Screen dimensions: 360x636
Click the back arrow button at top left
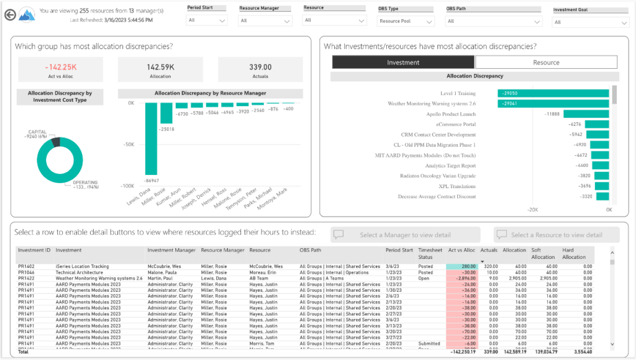click(x=9, y=15)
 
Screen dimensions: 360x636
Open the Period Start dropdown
click(x=207, y=20)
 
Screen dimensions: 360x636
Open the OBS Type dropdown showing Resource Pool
click(x=406, y=21)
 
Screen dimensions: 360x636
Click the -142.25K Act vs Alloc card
click(x=60, y=70)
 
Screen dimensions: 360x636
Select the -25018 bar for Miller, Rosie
click(x=166, y=113)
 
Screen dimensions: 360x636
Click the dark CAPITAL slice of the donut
click(x=56, y=142)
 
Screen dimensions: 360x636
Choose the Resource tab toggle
click(x=546, y=62)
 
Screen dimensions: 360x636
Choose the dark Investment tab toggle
click(x=403, y=62)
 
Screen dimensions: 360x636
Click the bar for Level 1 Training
click(x=552, y=92)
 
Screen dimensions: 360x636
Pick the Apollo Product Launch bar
click(x=585, y=114)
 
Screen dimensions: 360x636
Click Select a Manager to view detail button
click(x=406, y=235)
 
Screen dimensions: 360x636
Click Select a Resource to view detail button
click(x=556, y=235)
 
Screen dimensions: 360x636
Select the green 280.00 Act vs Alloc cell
click(x=462, y=266)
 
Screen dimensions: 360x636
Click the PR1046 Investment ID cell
click(x=26, y=272)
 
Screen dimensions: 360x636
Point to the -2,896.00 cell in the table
click(x=462, y=278)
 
